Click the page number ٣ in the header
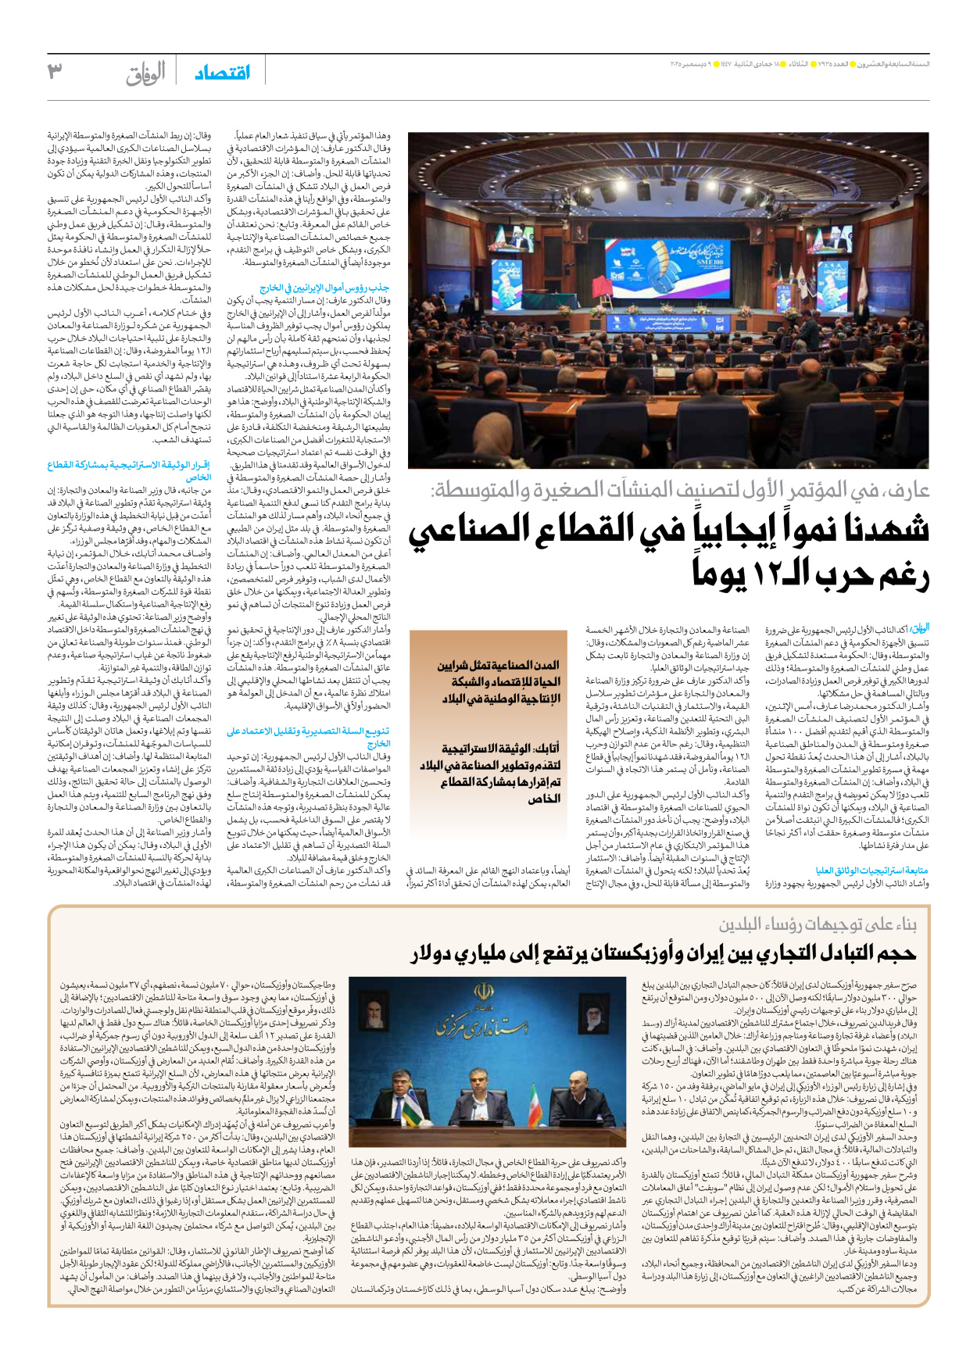pyautogui.click(x=55, y=71)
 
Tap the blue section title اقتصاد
pyautogui.click(x=223, y=73)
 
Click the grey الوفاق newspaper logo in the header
pyautogui.click(x=145, y=73)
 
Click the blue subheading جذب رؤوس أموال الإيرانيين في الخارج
pyautogui.click(x=324, y=288)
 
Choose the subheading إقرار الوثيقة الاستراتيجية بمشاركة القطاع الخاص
pyautogui.click(x=129, y=470)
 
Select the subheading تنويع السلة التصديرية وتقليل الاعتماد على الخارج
pyautogui.click(x=309, y=737)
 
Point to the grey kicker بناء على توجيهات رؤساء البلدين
pyautogui.click(x=818, y=924)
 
